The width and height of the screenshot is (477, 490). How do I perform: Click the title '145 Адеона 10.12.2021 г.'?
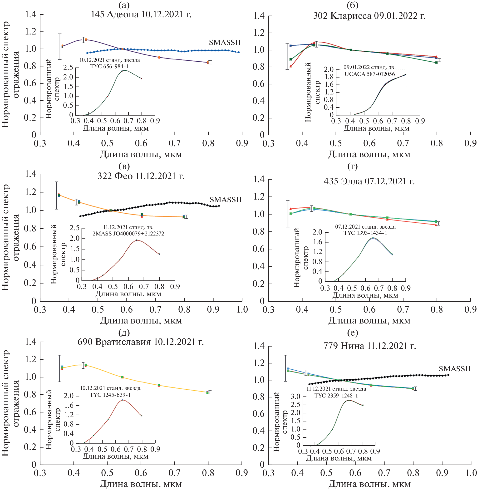click(x=141, y=15)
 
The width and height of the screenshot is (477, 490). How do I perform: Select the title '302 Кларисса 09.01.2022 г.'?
click(x=369, y=16)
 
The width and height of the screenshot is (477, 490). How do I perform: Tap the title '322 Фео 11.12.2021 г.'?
click(x=141, y=176)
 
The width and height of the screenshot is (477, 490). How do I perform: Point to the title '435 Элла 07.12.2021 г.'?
click(x=369, y=181)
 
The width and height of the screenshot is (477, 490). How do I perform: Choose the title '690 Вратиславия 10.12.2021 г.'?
click(x=141, y=342)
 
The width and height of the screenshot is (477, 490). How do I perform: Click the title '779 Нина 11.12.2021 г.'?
click(x=369, y=346)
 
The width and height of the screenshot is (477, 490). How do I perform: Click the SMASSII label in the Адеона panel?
click(x=225, y=43)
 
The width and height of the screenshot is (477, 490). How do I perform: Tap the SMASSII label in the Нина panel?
click(x=454, y=369)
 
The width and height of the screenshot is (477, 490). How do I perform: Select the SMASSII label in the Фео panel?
click(x=226, y=200)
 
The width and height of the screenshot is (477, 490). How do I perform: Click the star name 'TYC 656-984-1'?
click(x=109, y=66)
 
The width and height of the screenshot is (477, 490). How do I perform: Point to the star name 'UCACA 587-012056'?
click(x=369, y=74)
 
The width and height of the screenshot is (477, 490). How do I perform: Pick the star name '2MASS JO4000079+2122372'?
click(x=128, y=234)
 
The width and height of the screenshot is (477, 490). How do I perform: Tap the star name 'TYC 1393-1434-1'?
click(x=365, y=233)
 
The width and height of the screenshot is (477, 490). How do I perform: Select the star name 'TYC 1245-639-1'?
click(x=110, y=395)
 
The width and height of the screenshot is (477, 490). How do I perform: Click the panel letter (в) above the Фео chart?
click(x=124, y=166)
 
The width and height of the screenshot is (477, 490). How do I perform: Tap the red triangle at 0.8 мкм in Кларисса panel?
click(x=436, y=57)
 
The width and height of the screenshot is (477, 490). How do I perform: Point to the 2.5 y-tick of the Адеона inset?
click(x=68, y=68)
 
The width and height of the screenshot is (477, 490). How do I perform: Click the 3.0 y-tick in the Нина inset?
click(x=295, y=396)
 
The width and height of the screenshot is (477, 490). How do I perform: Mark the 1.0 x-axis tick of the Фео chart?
click(x=242, y=310)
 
